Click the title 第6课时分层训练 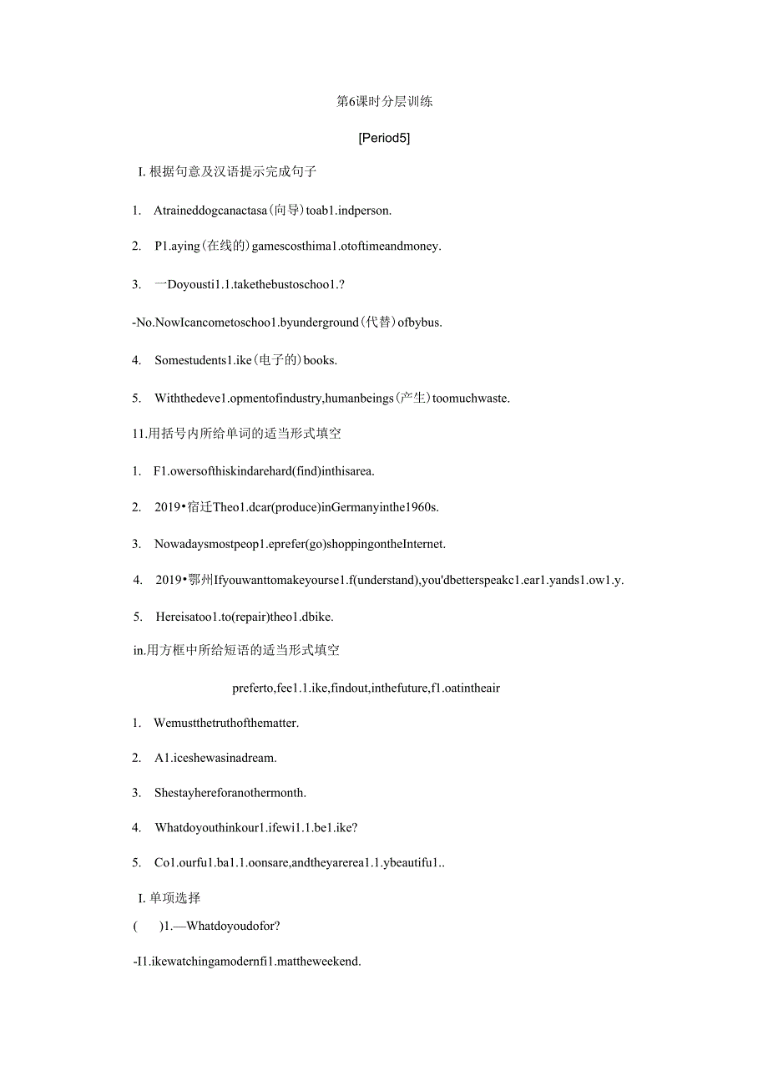384,102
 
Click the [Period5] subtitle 384,138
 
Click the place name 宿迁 200,507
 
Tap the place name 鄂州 200,580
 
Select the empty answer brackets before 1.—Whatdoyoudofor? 148,926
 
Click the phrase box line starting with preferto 366,688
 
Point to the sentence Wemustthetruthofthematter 226,723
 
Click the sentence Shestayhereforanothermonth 230,792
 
